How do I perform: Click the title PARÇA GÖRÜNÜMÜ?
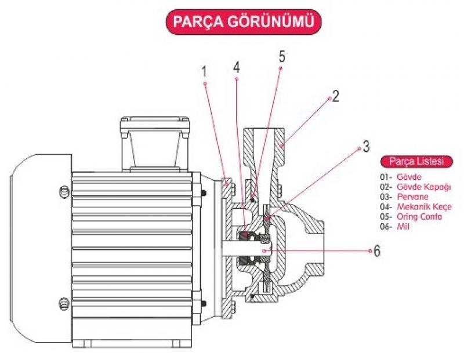243,21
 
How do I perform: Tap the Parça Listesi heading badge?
416,162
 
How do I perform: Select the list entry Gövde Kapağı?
424,187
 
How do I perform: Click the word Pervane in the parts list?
412,197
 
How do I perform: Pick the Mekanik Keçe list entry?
425,207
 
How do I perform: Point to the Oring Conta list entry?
419,217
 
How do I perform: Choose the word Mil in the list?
403,227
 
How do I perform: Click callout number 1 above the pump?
204,71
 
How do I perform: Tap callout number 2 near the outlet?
336,96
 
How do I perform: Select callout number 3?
367,147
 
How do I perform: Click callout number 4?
236,67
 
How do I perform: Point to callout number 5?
282,56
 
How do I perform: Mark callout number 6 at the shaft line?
377,251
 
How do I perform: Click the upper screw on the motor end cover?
64,192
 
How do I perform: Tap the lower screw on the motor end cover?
64,304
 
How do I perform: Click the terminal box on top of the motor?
155,144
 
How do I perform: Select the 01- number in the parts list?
386,177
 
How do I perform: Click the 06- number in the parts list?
386,227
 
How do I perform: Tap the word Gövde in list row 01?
409,177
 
